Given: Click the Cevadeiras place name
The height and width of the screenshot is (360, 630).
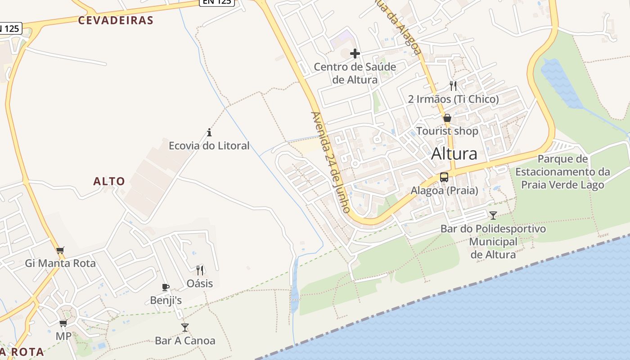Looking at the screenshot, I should point(116,20).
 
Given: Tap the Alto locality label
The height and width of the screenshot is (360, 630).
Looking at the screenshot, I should point(109,181).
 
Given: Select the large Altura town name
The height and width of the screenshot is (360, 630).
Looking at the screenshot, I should point(454,154).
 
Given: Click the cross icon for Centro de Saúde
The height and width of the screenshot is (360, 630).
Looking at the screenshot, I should point(355,54).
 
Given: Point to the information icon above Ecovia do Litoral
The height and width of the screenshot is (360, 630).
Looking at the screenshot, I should point(209,132).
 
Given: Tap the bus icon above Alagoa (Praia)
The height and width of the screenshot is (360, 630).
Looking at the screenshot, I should point(444,177).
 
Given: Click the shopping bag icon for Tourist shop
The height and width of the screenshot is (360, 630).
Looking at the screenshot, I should point(447,118).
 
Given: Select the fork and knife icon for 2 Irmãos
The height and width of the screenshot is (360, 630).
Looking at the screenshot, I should point(453,86).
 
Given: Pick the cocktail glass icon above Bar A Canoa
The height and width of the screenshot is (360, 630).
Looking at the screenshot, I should point(185,327).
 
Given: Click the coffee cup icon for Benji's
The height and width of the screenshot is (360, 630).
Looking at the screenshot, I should point(166,287).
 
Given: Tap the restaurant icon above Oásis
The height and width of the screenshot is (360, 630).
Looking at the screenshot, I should point(200,270).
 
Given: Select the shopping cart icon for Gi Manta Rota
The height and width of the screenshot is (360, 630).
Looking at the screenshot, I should point(60,250).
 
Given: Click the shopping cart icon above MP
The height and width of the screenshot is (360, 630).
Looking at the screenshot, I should point(63,323).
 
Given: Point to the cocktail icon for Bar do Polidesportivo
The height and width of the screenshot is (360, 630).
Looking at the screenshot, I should point(493,215).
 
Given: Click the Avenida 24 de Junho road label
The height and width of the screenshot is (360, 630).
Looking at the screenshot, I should point(330,162).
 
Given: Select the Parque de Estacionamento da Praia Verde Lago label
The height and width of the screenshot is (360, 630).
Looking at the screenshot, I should point(562,172).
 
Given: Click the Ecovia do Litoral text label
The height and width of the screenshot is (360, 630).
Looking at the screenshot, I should point(209,146).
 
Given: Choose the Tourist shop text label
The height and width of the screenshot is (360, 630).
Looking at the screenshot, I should point(447,131).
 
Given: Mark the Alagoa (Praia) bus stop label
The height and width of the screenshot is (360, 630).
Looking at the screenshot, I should point(444,191).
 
